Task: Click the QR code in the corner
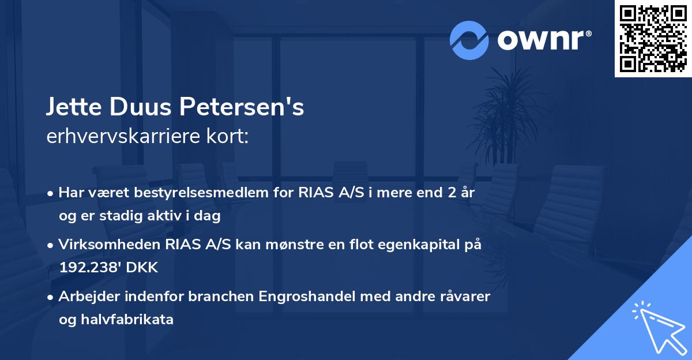coord(653,38)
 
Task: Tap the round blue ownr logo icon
coord(469,40)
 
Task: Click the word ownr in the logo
coord(541,40)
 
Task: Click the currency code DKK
coord(141,268)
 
